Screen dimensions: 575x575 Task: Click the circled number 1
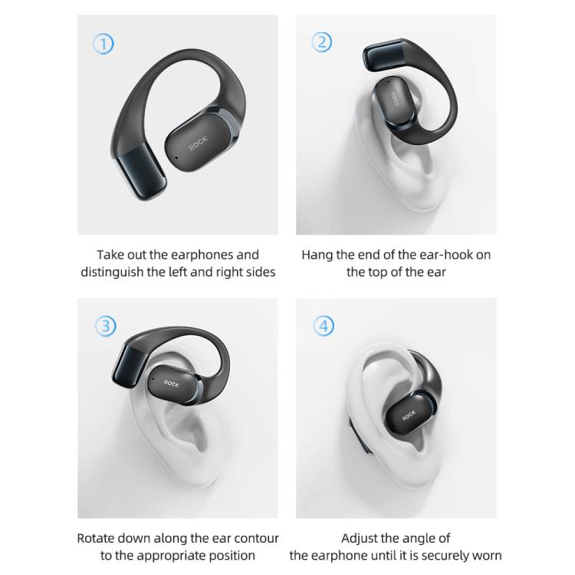103,44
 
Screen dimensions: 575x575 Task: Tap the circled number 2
323,42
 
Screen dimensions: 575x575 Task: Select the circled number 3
105,326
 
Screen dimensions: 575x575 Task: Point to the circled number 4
324,326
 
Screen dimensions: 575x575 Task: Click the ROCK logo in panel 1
198,144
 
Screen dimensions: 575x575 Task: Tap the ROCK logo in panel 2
396,100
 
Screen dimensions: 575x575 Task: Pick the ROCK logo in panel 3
170,383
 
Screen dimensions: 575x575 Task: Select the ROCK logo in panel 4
409,416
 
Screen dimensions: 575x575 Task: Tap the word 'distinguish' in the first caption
114,272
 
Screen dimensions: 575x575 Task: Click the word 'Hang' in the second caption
317,255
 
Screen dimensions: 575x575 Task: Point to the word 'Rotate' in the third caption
97,538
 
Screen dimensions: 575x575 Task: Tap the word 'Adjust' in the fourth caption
360,538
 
